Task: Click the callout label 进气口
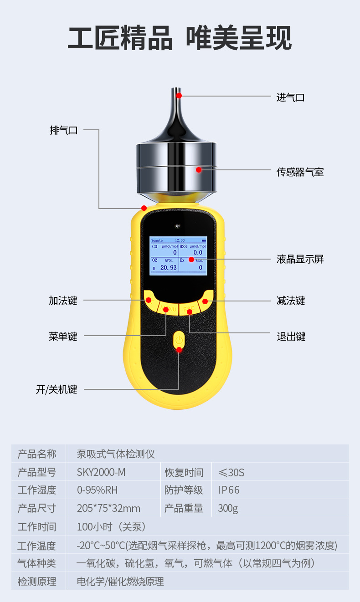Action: (x=290, y=97)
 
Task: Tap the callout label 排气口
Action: (x=63, y=130)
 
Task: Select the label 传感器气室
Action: (x=300, y=172)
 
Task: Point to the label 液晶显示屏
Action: (x=300, y=260)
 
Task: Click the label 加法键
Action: (x=63, y=301)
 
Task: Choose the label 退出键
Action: (x=291, y=337)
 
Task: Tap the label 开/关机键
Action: (x=57, y=390)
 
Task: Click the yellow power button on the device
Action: (x=179, y=341)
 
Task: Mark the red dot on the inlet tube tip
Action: (x=180, y=96)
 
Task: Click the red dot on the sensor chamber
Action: (x=199, y=170)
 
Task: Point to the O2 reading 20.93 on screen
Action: (x=168, y=268)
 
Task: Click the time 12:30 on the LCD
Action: (x=180, y=240)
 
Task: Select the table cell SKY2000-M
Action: (x=101, y=472)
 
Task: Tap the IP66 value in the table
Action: (x=228, y=490)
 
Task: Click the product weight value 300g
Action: (x=228, y=508)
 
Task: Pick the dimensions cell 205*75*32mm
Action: (x=108, y=508)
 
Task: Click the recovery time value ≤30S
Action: (x=231, y=472)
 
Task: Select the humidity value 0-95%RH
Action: (x=98, y=490)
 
